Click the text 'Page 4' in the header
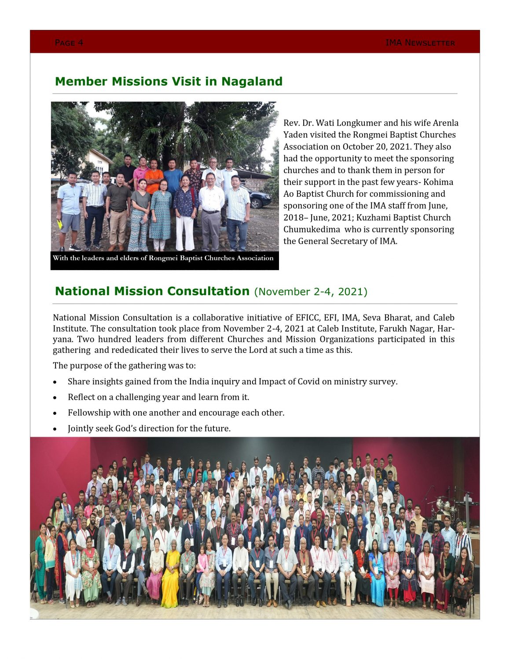pos(69,43)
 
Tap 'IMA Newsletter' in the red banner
pos(420,43)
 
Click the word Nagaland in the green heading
pos(252,82)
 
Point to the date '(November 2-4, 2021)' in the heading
pos(311,292)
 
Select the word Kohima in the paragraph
pos(438,182)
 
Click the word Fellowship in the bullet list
pos(89,413)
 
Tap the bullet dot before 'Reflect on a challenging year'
pos(55,398)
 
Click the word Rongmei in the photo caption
pos(163,258)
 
